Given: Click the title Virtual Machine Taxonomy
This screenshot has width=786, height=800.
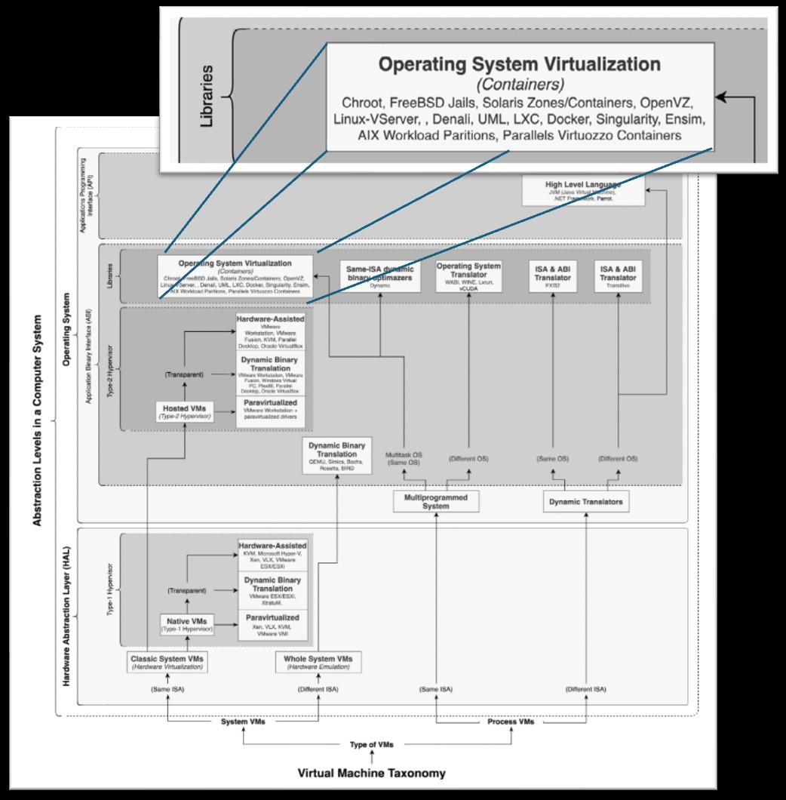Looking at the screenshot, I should click(x=371, y=773).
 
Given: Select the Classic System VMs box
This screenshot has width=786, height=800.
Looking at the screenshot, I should click(x=167, y=663).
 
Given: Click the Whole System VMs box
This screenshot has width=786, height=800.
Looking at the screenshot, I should click(x=318, y=663).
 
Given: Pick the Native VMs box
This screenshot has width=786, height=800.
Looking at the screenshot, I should click(x=188, y=624).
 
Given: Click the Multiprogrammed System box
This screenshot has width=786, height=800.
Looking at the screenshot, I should click(x=436, y=501).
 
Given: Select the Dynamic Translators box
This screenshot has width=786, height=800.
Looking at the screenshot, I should click(x=586, y=501).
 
